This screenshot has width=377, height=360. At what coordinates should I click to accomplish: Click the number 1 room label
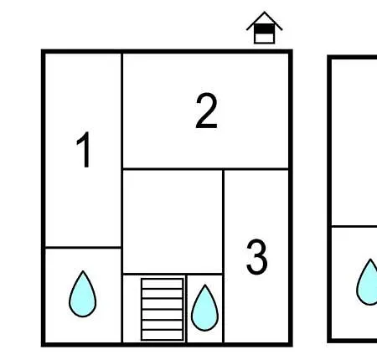84,150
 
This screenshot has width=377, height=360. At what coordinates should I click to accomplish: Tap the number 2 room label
206,111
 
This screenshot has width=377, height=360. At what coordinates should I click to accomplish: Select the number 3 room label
257,257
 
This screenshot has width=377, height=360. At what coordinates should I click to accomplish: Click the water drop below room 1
83,294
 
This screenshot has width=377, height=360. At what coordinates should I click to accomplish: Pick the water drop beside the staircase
204,308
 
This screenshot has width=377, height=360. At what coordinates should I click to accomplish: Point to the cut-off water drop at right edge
367,282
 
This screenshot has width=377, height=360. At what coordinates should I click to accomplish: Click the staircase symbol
163,309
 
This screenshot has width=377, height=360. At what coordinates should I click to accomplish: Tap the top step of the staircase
163,284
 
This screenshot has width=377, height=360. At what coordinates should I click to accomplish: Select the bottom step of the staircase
163,335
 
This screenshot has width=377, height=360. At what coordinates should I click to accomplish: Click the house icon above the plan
264,28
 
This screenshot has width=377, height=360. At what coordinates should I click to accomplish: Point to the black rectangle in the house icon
264,28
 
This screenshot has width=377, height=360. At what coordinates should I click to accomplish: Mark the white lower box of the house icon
264,39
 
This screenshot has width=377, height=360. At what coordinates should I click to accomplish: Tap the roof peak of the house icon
264,12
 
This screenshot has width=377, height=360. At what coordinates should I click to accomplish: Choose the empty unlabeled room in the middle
173,221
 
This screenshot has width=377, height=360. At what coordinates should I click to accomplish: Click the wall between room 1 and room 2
122,111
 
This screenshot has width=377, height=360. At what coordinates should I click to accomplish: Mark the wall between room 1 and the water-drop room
83,247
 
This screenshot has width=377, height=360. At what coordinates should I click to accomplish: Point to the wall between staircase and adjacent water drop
186,309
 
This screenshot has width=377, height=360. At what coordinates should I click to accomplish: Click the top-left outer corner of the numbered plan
42,50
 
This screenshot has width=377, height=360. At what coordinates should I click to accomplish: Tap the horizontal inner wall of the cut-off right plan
354,226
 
